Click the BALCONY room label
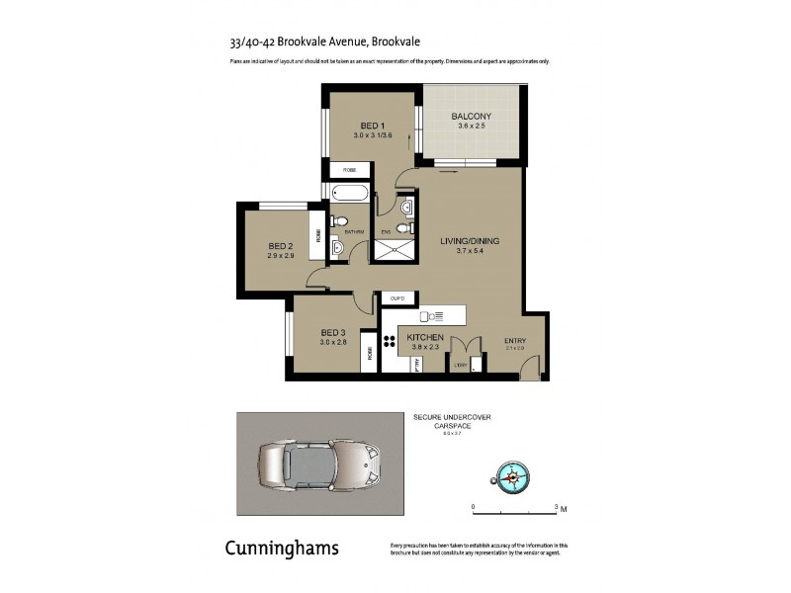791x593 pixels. tap(471, 116)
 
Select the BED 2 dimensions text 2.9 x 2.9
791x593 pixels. tap(280, 256)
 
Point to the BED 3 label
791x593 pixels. tap(332, 332)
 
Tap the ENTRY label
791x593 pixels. tap(515, 340)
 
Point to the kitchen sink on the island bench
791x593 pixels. tap(432, 316)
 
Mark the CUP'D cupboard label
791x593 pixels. tap(398, 297)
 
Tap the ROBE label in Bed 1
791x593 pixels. tap(349, 170)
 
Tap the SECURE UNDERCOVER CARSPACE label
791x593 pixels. tap(451, 422)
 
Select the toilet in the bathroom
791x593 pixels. tap(339, 220)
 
